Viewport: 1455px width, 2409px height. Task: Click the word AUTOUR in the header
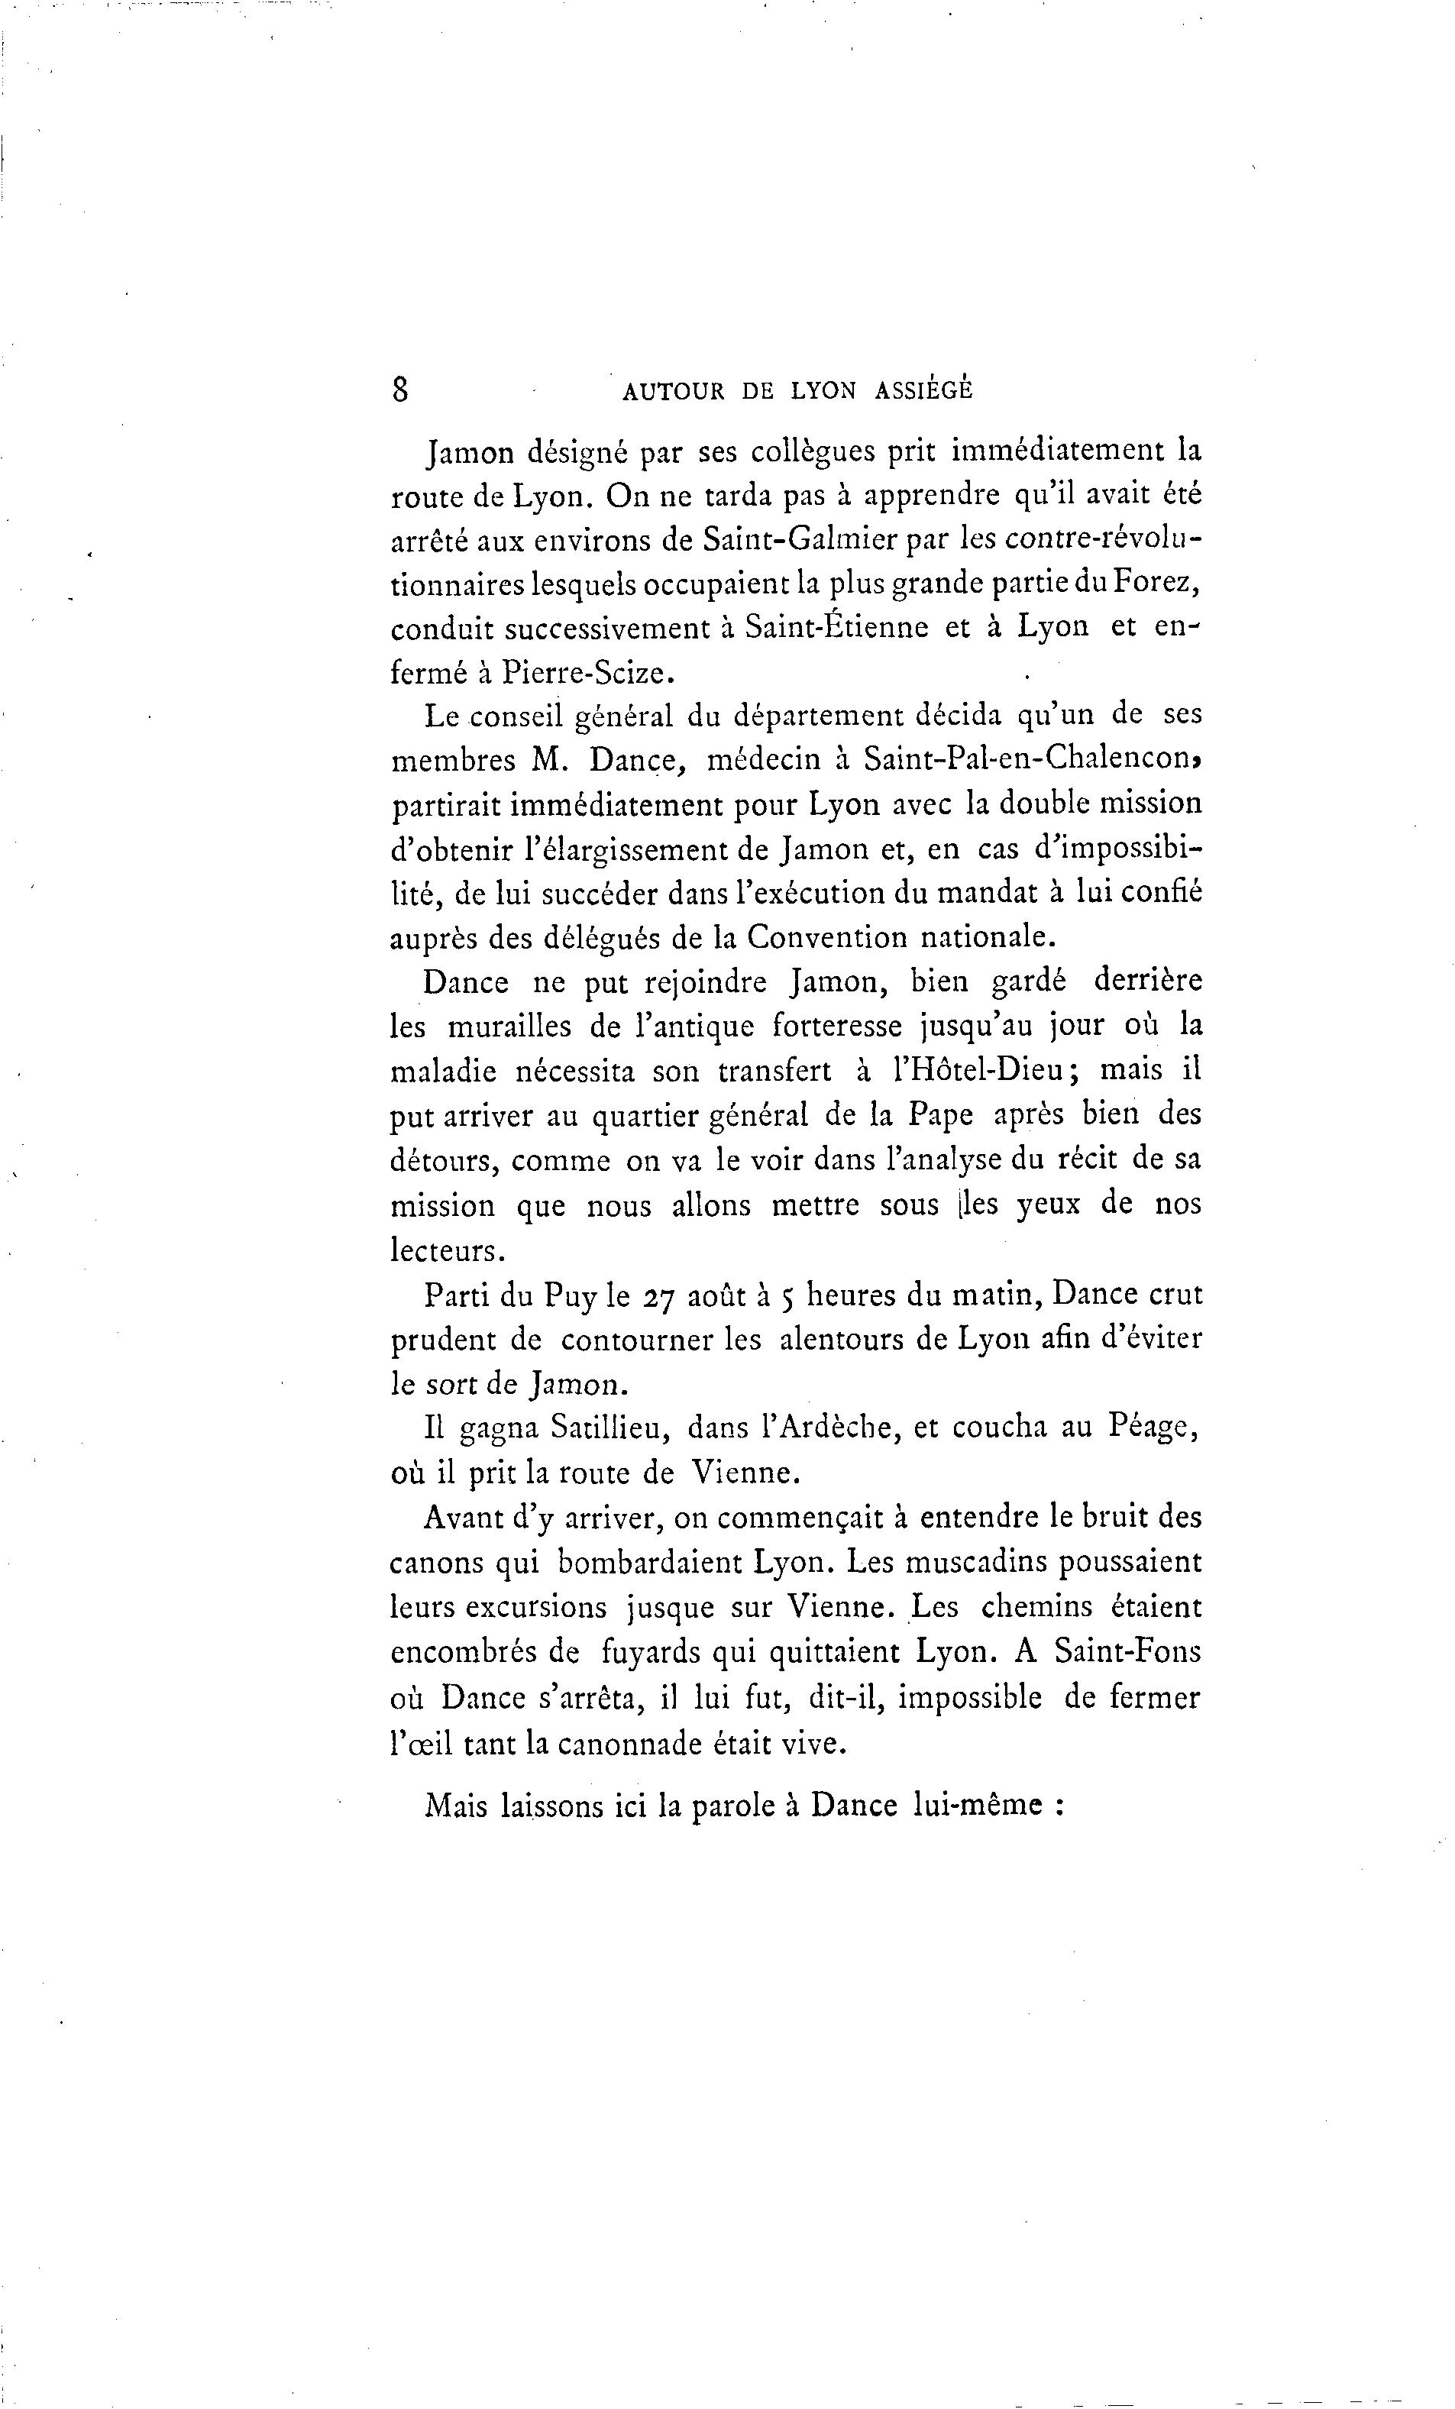click(x=673, y=391)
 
